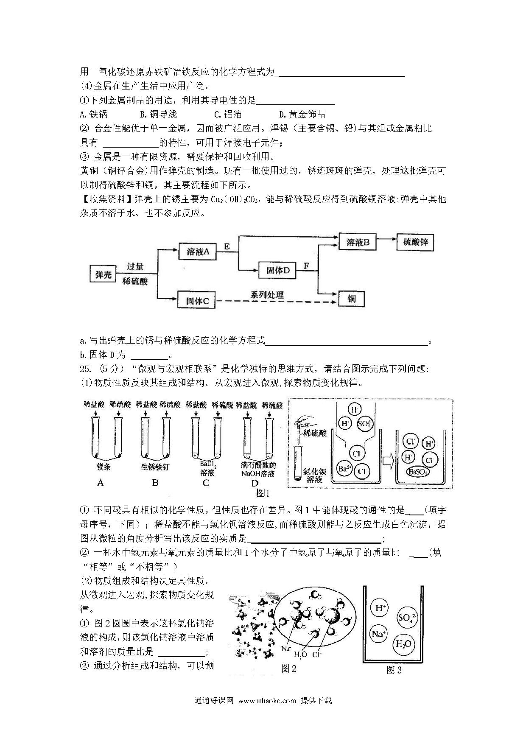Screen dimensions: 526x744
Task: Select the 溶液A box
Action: click(x=198, y=252)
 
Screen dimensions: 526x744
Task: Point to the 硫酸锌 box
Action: click(x=415, y=242)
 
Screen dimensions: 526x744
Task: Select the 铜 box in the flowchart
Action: click(x=352, y=299)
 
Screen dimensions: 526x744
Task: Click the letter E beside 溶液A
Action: click(x=227, y=246)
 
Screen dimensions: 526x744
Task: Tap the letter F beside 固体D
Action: click(x=306, y=266)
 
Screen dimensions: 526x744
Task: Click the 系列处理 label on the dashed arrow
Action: click(x=267, y=294)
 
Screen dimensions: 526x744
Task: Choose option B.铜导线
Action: click(x=158, y=114)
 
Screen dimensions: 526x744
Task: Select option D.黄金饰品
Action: click(x=302, y=114)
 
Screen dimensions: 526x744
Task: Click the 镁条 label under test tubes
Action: click(x=104, y=467)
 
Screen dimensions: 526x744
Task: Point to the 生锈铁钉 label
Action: click(x=155, y=467)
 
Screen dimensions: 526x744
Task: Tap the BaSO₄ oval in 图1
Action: click(x=418, y=472)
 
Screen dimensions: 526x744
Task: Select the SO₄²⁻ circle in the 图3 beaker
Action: click(x=407, y=618)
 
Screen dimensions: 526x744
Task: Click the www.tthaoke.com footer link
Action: click(x=267, y=701)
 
